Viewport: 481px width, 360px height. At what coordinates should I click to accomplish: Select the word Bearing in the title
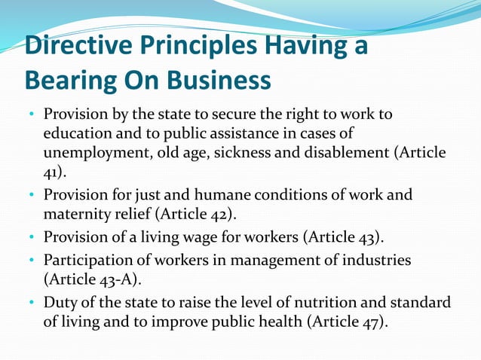[x=69, y=79]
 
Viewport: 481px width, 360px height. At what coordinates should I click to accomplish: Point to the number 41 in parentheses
[x=53, y=172]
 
